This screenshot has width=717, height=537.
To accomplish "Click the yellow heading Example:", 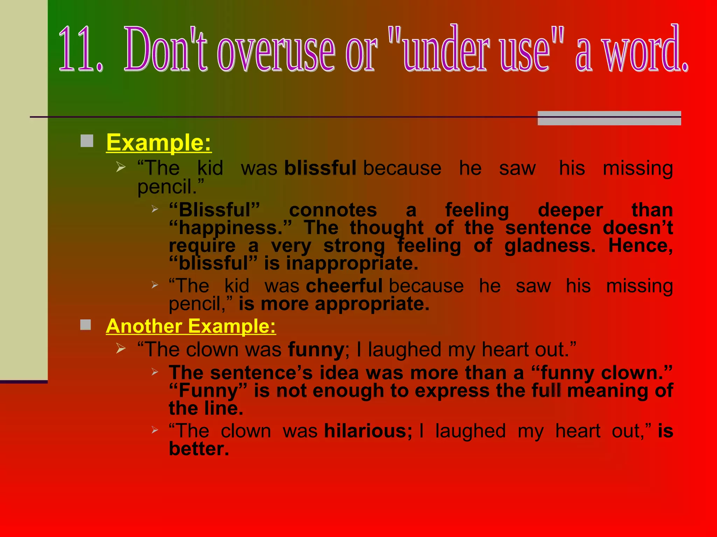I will click(x=159, y=143).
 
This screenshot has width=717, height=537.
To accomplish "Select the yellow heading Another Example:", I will click(x=191, y=326).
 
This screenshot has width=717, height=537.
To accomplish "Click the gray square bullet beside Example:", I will click(x=87, y=141).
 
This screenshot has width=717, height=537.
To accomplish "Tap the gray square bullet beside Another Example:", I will click(x=86, y=325).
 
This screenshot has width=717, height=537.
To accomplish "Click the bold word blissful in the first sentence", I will click(x=320, y=168).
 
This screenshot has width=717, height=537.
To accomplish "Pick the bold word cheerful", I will click(x=344, y=286).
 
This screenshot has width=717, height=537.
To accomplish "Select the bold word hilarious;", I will click(x=368, y=431).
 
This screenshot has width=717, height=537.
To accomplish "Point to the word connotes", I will click(x=333, y=210).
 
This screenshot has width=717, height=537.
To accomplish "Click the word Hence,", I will click(x=640, y=245).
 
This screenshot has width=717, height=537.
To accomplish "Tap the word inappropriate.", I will click(x=352, y=263).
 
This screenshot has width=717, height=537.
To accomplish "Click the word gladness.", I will click(x=549, y=245).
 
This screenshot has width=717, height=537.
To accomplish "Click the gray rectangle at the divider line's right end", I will click(x=609, y=118).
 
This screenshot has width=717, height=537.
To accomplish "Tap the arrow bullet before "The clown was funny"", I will click(x=121, y=348).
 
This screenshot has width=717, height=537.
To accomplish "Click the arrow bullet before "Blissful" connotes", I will click(x=155, y=209).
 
